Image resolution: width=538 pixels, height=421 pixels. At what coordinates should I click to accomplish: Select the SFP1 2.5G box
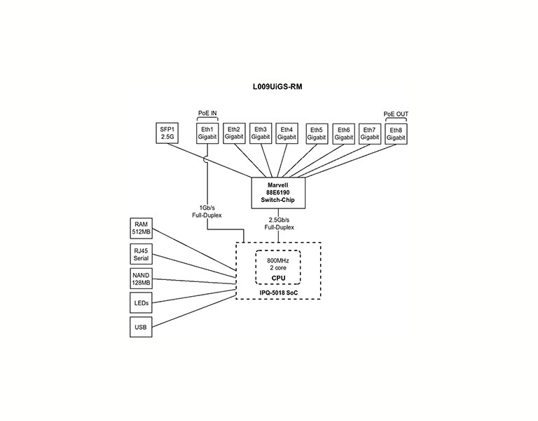point(167,133)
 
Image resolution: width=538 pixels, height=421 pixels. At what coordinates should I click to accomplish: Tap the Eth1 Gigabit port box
point(207,133)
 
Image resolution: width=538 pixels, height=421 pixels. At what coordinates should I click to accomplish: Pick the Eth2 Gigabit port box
point(234,133)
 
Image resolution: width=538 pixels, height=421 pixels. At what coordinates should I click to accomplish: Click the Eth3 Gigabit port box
point(261,133)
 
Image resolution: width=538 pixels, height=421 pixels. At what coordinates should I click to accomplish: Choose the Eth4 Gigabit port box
point(287,133)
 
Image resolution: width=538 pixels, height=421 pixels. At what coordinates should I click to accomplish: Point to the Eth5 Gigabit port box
point(317,133)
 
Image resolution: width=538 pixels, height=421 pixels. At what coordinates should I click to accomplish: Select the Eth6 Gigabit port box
point(343,133)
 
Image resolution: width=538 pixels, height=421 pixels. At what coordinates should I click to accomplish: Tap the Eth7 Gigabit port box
point(370,133)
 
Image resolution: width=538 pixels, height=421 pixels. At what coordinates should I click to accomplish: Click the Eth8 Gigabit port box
point(396,133)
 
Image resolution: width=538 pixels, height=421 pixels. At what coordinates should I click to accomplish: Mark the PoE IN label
point(207,112)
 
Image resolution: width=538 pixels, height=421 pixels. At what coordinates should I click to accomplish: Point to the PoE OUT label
point(396,112)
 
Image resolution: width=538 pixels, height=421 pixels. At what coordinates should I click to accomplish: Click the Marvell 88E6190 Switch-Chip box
point(280,192)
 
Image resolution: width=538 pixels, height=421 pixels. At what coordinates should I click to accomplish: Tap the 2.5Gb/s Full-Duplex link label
point(280,224)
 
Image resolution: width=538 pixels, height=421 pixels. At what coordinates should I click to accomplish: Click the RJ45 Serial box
point(141,254)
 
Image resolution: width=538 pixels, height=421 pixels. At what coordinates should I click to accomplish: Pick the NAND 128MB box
point(141,279)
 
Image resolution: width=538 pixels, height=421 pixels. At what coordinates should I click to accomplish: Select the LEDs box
point(141,302)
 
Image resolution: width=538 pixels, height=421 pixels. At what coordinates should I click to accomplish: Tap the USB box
point(141,326)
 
